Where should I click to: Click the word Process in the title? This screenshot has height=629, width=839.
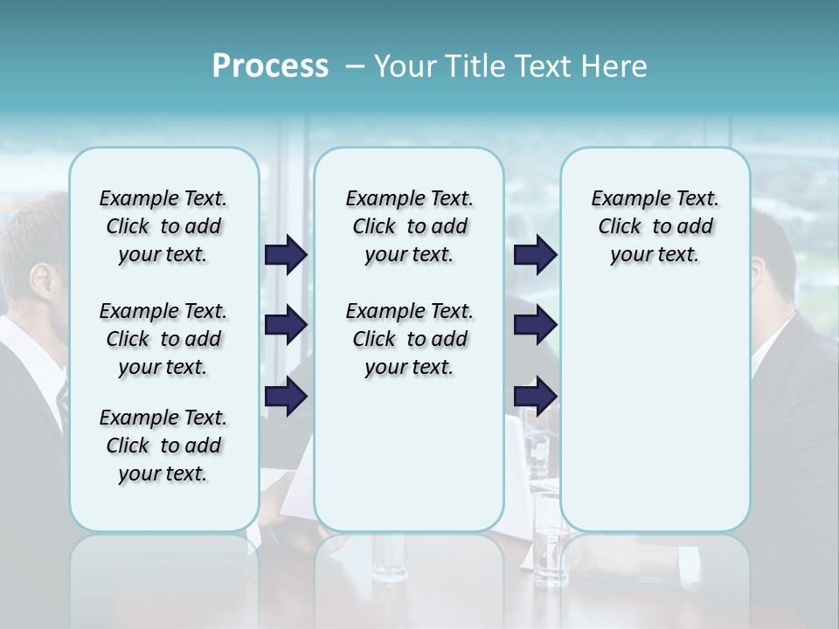(270, 66)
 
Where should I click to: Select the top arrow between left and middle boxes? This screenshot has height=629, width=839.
(286, 254)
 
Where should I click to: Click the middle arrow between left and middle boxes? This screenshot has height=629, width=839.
(286, 325)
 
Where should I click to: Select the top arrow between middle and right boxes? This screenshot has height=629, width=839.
(535, 254)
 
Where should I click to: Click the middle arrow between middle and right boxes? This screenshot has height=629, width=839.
(535, 325)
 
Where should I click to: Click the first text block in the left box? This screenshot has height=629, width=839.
(163, 226)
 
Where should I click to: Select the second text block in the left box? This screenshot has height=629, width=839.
(163, 339)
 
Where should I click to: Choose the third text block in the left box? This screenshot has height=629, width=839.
(163, 446)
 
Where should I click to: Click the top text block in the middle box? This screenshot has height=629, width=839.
(409, 226)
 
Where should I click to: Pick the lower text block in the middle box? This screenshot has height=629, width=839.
(409, 339)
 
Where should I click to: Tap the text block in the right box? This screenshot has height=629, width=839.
(655, 226)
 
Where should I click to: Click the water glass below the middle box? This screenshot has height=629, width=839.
(388, 556)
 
